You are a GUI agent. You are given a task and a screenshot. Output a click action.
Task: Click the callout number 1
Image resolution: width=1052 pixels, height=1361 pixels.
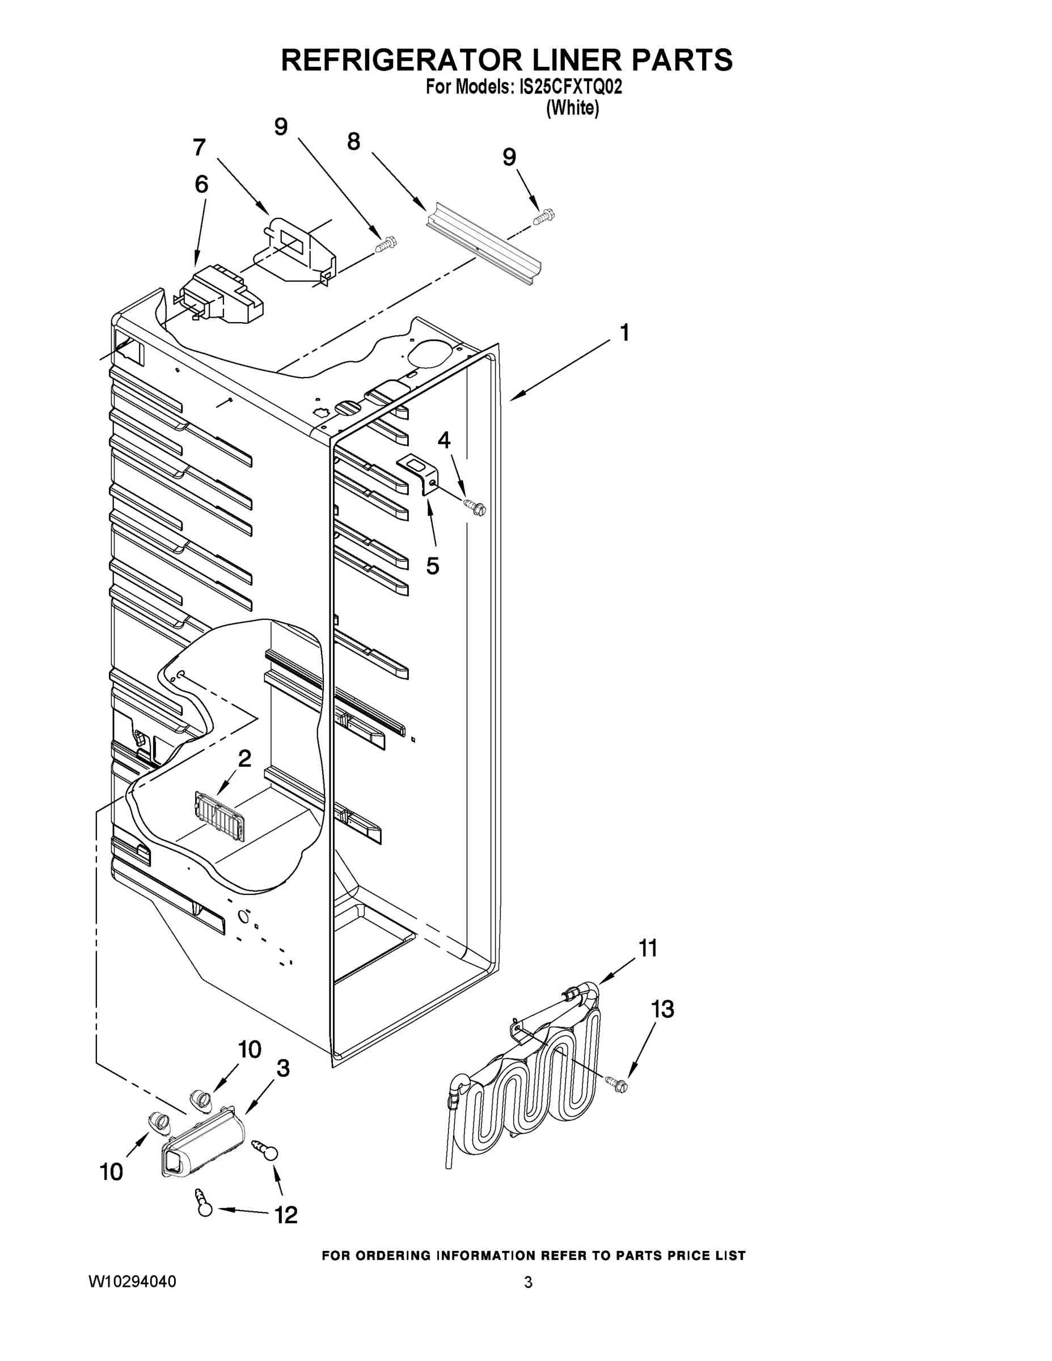pyautogui.click(x=624, y=333)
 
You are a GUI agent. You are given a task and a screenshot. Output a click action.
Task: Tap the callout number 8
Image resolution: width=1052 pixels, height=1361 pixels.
pyautogui.click(x=353, y=142)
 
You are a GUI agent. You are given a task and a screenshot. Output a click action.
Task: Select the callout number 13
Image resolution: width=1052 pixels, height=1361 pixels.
pyautogui.click(x=662, y=1009)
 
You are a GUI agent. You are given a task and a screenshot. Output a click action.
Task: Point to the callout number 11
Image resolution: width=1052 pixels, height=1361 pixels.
pyautogui.click(x=648, y=949)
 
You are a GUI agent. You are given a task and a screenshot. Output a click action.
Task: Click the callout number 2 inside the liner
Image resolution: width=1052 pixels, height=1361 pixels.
pyautogui.click(x=244, y=758)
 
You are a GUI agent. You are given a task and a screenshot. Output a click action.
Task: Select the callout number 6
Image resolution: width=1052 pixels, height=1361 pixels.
pyautogui.click(x=201, y=184)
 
